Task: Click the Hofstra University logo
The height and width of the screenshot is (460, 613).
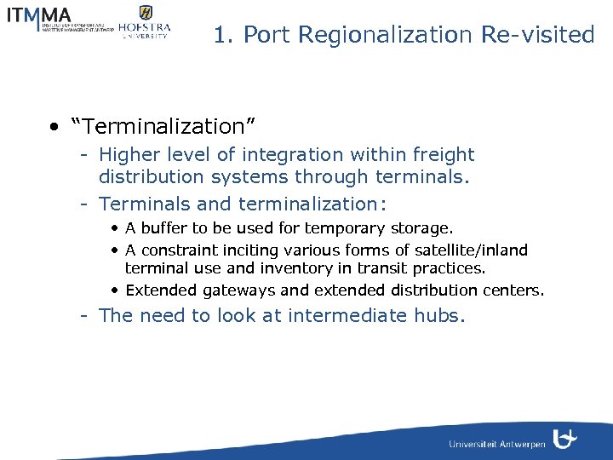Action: click(145, 22)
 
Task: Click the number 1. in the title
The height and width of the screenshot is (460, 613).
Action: click(223, 35)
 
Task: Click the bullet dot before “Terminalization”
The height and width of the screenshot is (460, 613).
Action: click(54, 128)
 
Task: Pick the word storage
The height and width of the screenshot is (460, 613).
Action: click(421, 228)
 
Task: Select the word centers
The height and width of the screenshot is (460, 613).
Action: click(512, 290)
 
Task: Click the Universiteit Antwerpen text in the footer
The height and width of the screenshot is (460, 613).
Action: click(497, 444)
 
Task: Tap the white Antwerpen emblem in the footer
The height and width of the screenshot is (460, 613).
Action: click(564, 439)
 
